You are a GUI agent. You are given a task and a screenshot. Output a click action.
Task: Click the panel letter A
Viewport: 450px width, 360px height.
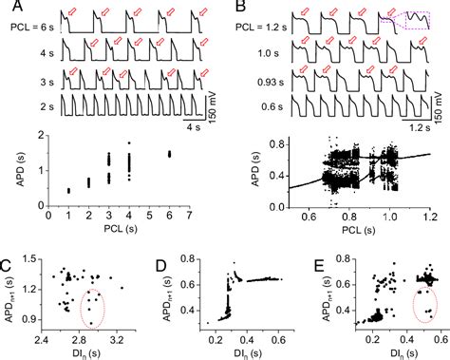coord(10,9)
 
